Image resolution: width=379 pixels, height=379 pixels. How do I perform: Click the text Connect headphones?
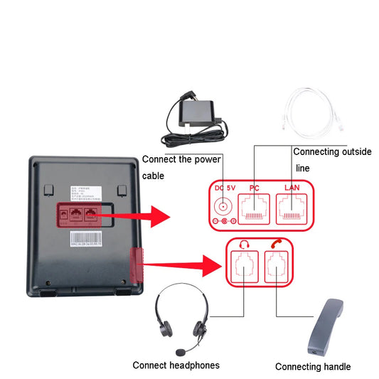point(176,365)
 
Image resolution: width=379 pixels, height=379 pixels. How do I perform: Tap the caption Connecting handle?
point(313,367)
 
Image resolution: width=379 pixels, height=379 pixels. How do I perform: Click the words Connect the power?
point(181,159)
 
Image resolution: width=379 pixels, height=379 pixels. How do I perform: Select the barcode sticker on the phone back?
point(86,237)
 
